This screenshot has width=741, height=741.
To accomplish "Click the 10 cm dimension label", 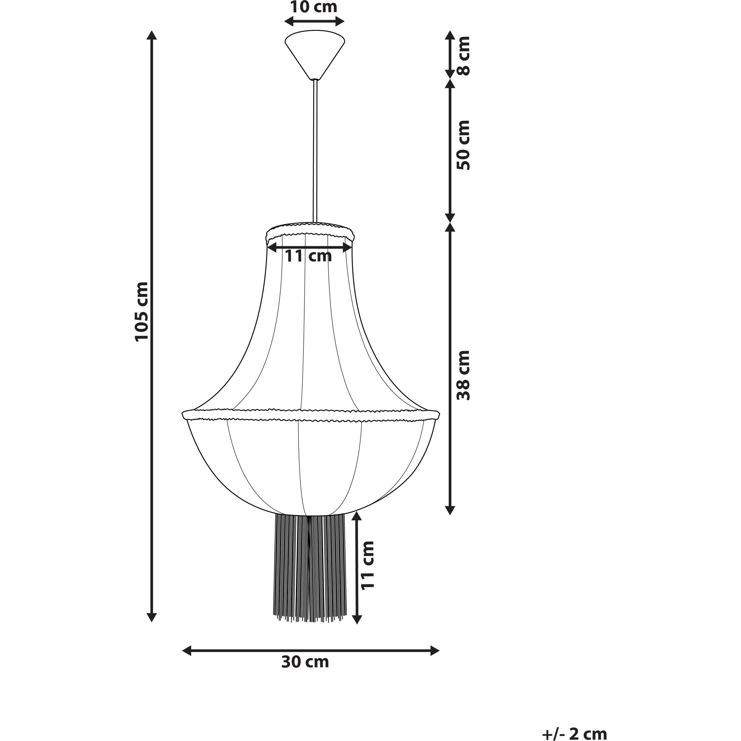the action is point(313,7).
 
